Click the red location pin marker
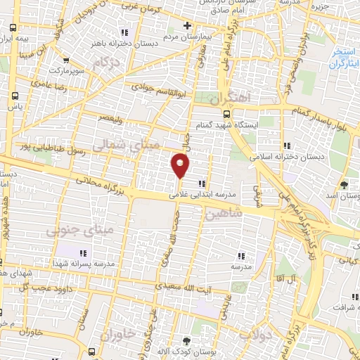(181, 165)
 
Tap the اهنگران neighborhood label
(229, 98)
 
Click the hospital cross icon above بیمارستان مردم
(186, 26)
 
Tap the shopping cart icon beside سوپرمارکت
(66, 60)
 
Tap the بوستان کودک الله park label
(186, 350)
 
